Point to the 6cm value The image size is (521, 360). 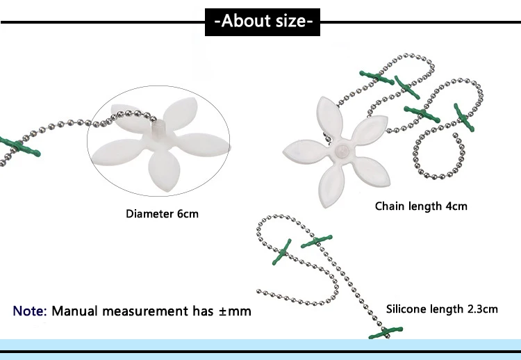click(188, 213)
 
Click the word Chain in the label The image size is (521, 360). click(390, 206)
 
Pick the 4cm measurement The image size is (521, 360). click(455, 206)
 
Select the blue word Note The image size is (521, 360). click(30, 311)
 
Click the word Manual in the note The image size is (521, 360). click(76, 311)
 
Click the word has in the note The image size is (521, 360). click(204, 311)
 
